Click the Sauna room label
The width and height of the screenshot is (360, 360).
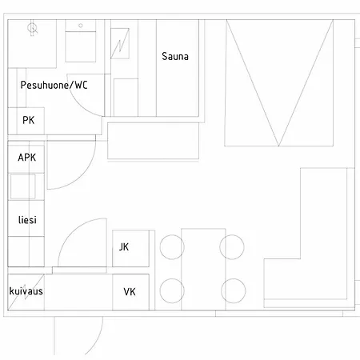click(x=175, y=56)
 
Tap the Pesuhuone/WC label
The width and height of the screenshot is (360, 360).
click(x=54, y=85)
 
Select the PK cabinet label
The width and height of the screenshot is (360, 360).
click(x=29, y=120)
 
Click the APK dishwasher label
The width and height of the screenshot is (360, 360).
click(x=27, y=158)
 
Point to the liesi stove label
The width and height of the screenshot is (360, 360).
click(x=27, y=220)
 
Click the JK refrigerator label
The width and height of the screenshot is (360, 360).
click(x=124, y=247)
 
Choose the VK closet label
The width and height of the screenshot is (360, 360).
click(x=130, y=292)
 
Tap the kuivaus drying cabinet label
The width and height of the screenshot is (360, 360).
click(x=26, y=291)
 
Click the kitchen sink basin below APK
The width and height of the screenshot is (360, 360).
click(x=22, y=186)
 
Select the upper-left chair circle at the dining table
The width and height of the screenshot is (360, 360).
click(x=172, y=247)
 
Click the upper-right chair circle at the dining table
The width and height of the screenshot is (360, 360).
click(x=232, y=247)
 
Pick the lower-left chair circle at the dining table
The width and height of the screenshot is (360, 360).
click(x=172, y=290)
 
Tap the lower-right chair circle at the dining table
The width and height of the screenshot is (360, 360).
click(x=234, y=290)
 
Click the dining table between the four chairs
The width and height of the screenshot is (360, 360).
click(x=203, y=269)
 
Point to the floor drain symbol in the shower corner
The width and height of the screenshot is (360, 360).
click(x=32, y=28)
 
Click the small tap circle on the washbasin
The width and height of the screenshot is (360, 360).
click(x=81, y=26)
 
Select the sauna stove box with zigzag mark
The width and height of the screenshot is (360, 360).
click(x=120, y=43)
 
